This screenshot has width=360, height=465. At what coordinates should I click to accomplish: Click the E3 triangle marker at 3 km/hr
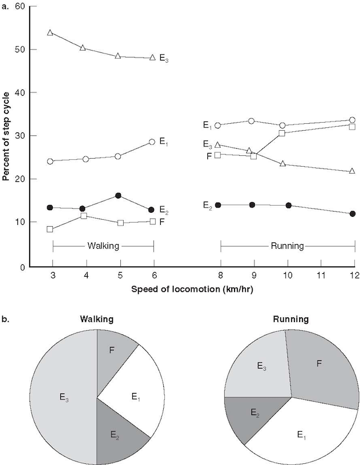[x=51, y=33]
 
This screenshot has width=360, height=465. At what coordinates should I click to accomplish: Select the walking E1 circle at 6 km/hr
[x=152, y=142]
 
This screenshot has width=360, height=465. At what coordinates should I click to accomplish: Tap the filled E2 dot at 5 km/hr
[x=118, y=195]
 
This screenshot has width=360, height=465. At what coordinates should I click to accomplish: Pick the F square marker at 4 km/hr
[x=84, y=216]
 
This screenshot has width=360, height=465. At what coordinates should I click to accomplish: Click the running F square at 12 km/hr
[x=352, y=126]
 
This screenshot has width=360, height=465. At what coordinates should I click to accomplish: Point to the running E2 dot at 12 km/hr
[x=352, y=214]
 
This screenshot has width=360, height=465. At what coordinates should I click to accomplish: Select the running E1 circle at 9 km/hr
[x=251, y=121]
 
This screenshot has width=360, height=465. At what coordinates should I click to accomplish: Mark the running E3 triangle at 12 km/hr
[x=352, y=171]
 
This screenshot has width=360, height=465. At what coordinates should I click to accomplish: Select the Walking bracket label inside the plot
[x=103, y=246]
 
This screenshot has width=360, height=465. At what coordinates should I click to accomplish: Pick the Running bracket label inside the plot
[x=287, y=246]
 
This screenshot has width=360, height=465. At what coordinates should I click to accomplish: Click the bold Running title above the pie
[x=291, y=319]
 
